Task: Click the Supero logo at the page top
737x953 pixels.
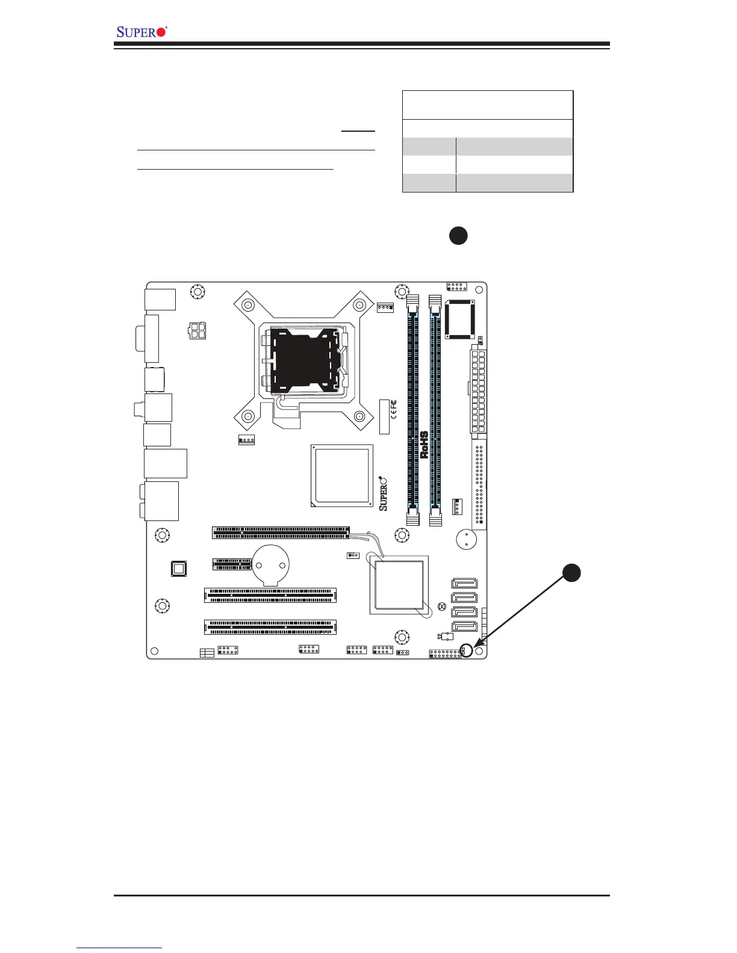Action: tap(142, 31)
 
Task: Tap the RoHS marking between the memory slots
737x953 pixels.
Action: tap(424, 445)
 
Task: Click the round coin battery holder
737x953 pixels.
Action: tap(272, 564)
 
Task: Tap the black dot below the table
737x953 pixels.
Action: tap(458, 235)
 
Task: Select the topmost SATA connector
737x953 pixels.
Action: tap(464, 583)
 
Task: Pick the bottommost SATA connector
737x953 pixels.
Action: tap(464, 626)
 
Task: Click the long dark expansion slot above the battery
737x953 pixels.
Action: tap(281, 532)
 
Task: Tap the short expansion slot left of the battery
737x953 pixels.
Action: tap(232, 564)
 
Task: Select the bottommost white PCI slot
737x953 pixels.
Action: tap(270, 627)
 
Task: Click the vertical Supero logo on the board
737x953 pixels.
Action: tap(384, 494)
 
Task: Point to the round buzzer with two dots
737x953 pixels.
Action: tap(465, 539)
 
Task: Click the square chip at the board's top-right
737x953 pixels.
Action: tap(461, 319)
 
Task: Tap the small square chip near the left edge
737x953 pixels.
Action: tap(178, 569)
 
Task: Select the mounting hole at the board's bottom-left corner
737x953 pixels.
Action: tap(154, 650)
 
